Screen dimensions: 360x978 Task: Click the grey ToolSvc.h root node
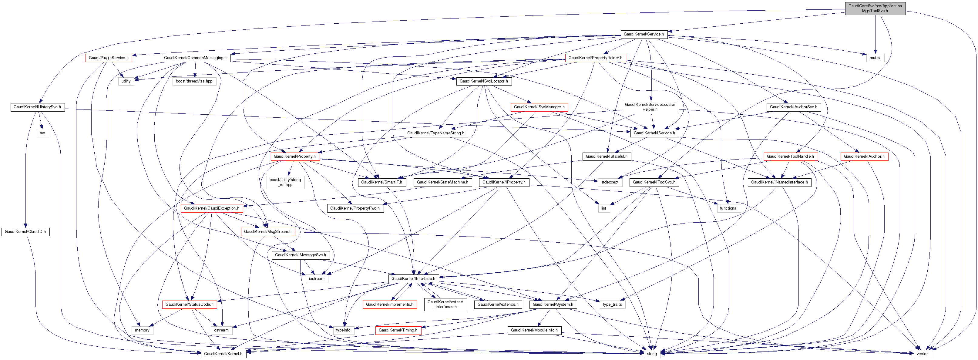point(875,8)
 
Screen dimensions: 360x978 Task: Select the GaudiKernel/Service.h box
point(644,34)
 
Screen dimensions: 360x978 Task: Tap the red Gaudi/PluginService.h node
point(109,58)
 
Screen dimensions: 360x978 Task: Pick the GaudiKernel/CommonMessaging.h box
point(195,58)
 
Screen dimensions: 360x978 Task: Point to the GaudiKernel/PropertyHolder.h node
point(595,58)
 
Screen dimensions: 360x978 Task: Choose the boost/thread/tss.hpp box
point(194,81)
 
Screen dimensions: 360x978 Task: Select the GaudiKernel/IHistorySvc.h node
point(37,107)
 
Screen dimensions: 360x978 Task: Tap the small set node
point(42,133)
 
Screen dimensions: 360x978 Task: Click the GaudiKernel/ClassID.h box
point(25,232)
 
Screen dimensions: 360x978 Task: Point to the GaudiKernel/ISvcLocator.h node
point(483,81)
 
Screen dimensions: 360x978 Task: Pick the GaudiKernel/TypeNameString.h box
point(435,133)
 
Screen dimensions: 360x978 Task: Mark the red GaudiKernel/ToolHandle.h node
point(790,156)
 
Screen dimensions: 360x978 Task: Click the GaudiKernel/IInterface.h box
point(413,279)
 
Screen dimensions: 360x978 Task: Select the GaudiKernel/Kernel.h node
point(223,354)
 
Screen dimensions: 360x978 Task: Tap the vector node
point(922,354)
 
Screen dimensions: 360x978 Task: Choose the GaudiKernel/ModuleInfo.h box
point(534,330)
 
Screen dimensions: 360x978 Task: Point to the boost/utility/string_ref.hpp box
point(285,182)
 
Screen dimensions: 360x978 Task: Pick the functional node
point(728,208)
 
